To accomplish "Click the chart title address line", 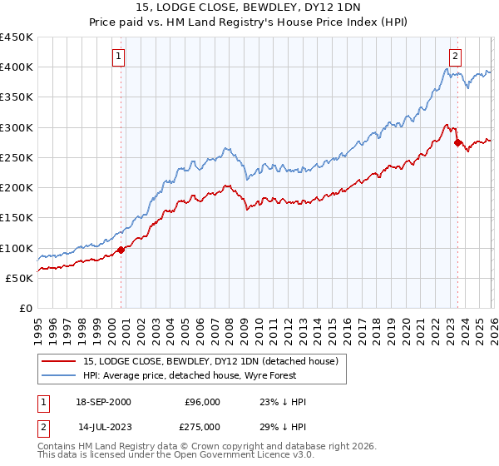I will (249, 8).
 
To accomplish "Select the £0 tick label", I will (25, 309).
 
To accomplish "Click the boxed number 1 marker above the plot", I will (119, 57).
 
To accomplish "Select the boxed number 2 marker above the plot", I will (455, 57).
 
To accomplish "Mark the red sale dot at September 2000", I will (121, 249).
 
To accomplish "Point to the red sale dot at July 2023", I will (457, 143).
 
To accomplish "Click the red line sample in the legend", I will (59, 362).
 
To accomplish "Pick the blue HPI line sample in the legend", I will (59, 376).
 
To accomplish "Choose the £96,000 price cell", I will (204, 402).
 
